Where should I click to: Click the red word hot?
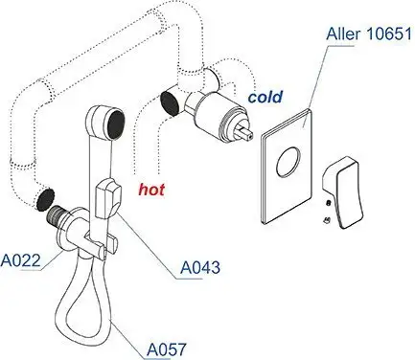click(x=150, y=190)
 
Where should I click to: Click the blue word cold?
click(x=265, y=98)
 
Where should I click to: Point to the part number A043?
click(x=201, y=269)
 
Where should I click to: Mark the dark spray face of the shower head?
click(x=114, y=124)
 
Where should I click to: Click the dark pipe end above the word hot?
click(x=170, y=101)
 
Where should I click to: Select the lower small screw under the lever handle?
click(x=326, y=221)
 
